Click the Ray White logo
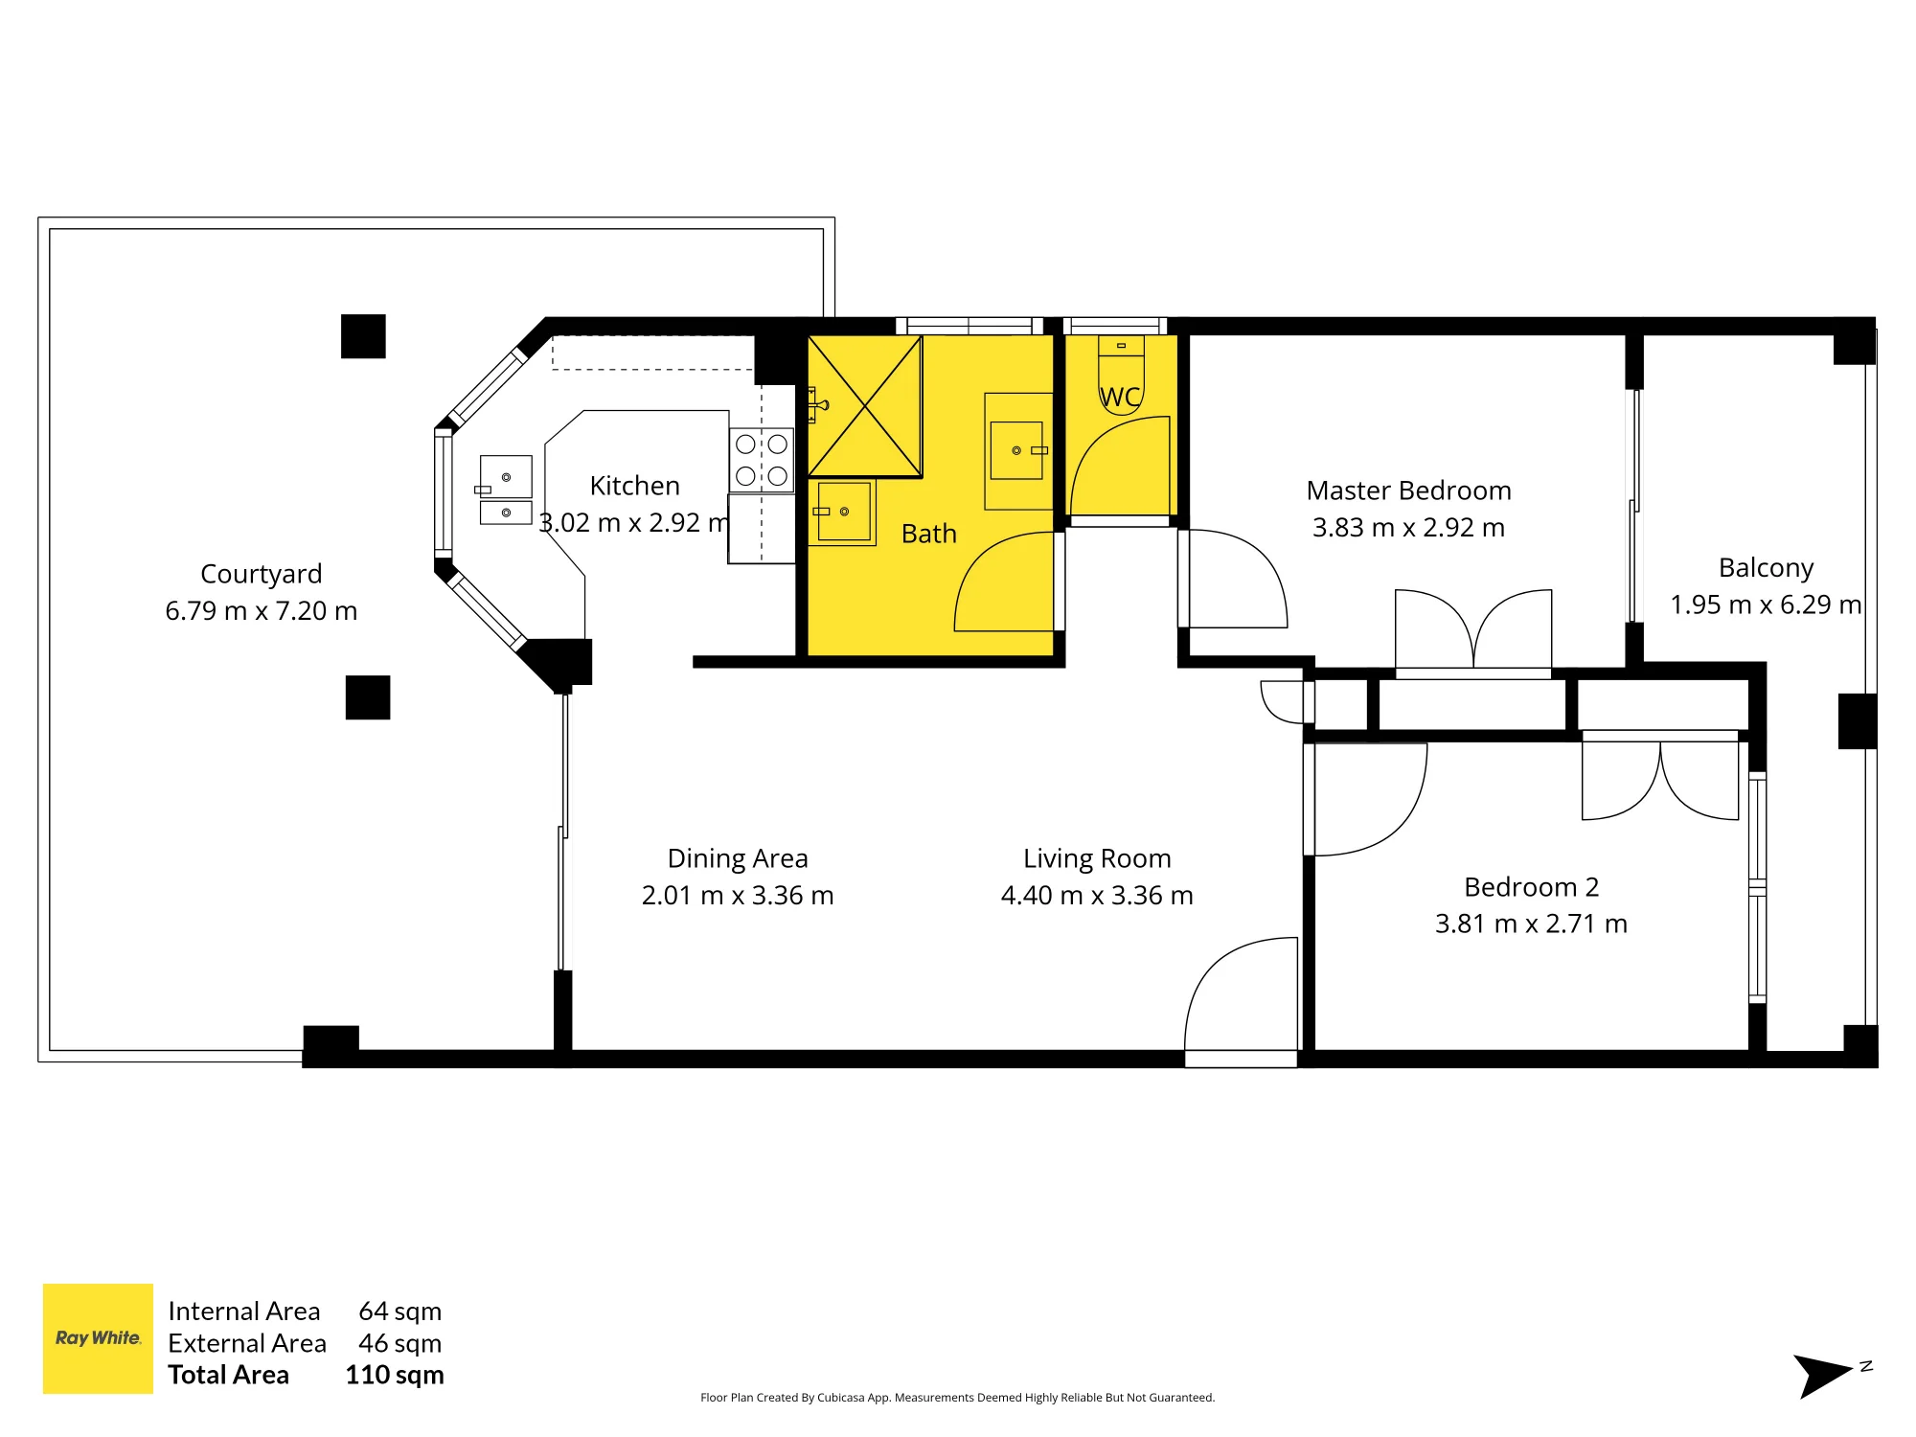click(98, 1338)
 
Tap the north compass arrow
click(1823, 1376)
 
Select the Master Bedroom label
click(1408, 490)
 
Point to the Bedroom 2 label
click(1531, 887)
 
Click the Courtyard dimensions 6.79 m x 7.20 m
click(262, 610)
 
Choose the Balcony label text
click(1766, 568)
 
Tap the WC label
click(1120, 397)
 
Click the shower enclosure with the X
click(865, 406)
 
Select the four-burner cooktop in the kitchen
click(762, 460)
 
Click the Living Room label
click(1097, 858)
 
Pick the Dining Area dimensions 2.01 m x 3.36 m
click(738, 895)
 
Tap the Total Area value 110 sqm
click(395, 1375)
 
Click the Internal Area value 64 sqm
click(400, 1311)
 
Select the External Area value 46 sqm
click(400, 1343)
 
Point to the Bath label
click(929, 534)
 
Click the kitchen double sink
click(506, 490)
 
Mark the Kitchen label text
click(635, 486)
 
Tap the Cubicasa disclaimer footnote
click(957, 1398)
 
